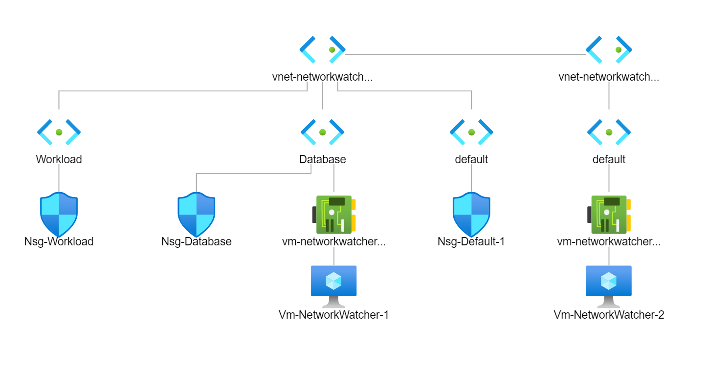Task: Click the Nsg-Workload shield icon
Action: coord(59,214)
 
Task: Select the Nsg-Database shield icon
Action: coord(196,214)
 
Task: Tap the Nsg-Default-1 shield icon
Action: coord(471,214)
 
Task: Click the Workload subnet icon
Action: coord(59,132)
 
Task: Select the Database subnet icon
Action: coord(322,132)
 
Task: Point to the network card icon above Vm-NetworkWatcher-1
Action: coord(334,214)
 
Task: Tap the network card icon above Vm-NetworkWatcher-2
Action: coord(609,214)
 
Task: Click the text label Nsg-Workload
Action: coord(59,241)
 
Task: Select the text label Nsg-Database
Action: coord(196,241)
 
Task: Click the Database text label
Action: coord(322,159)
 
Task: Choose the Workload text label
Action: coord(59,159)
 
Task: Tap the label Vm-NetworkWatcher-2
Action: coord(609,315)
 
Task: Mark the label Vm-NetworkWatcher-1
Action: coord(334,315)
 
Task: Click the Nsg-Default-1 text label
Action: coord(471,241)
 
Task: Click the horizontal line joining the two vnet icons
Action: coord(465,54)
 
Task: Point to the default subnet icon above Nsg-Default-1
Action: coord(471,132)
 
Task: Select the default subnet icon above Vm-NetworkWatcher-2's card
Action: coord(609,132)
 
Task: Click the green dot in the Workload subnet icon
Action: coord(59,132)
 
